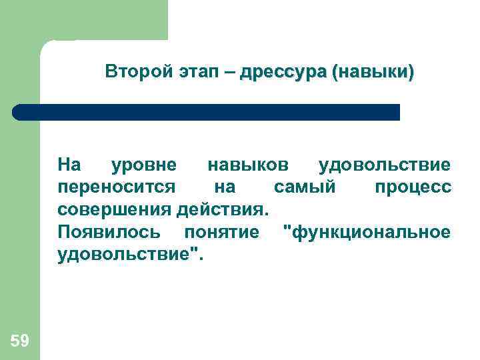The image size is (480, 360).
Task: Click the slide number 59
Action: (x=20, y=341)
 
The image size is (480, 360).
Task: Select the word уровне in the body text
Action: (x=143, y=164)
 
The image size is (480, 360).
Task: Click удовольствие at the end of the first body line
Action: (x=385, y=164)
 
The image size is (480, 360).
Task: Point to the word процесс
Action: (x=413, y=187)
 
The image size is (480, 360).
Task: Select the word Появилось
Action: (x=109, y=232)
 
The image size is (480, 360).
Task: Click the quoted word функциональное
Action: (x=367, y=232)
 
